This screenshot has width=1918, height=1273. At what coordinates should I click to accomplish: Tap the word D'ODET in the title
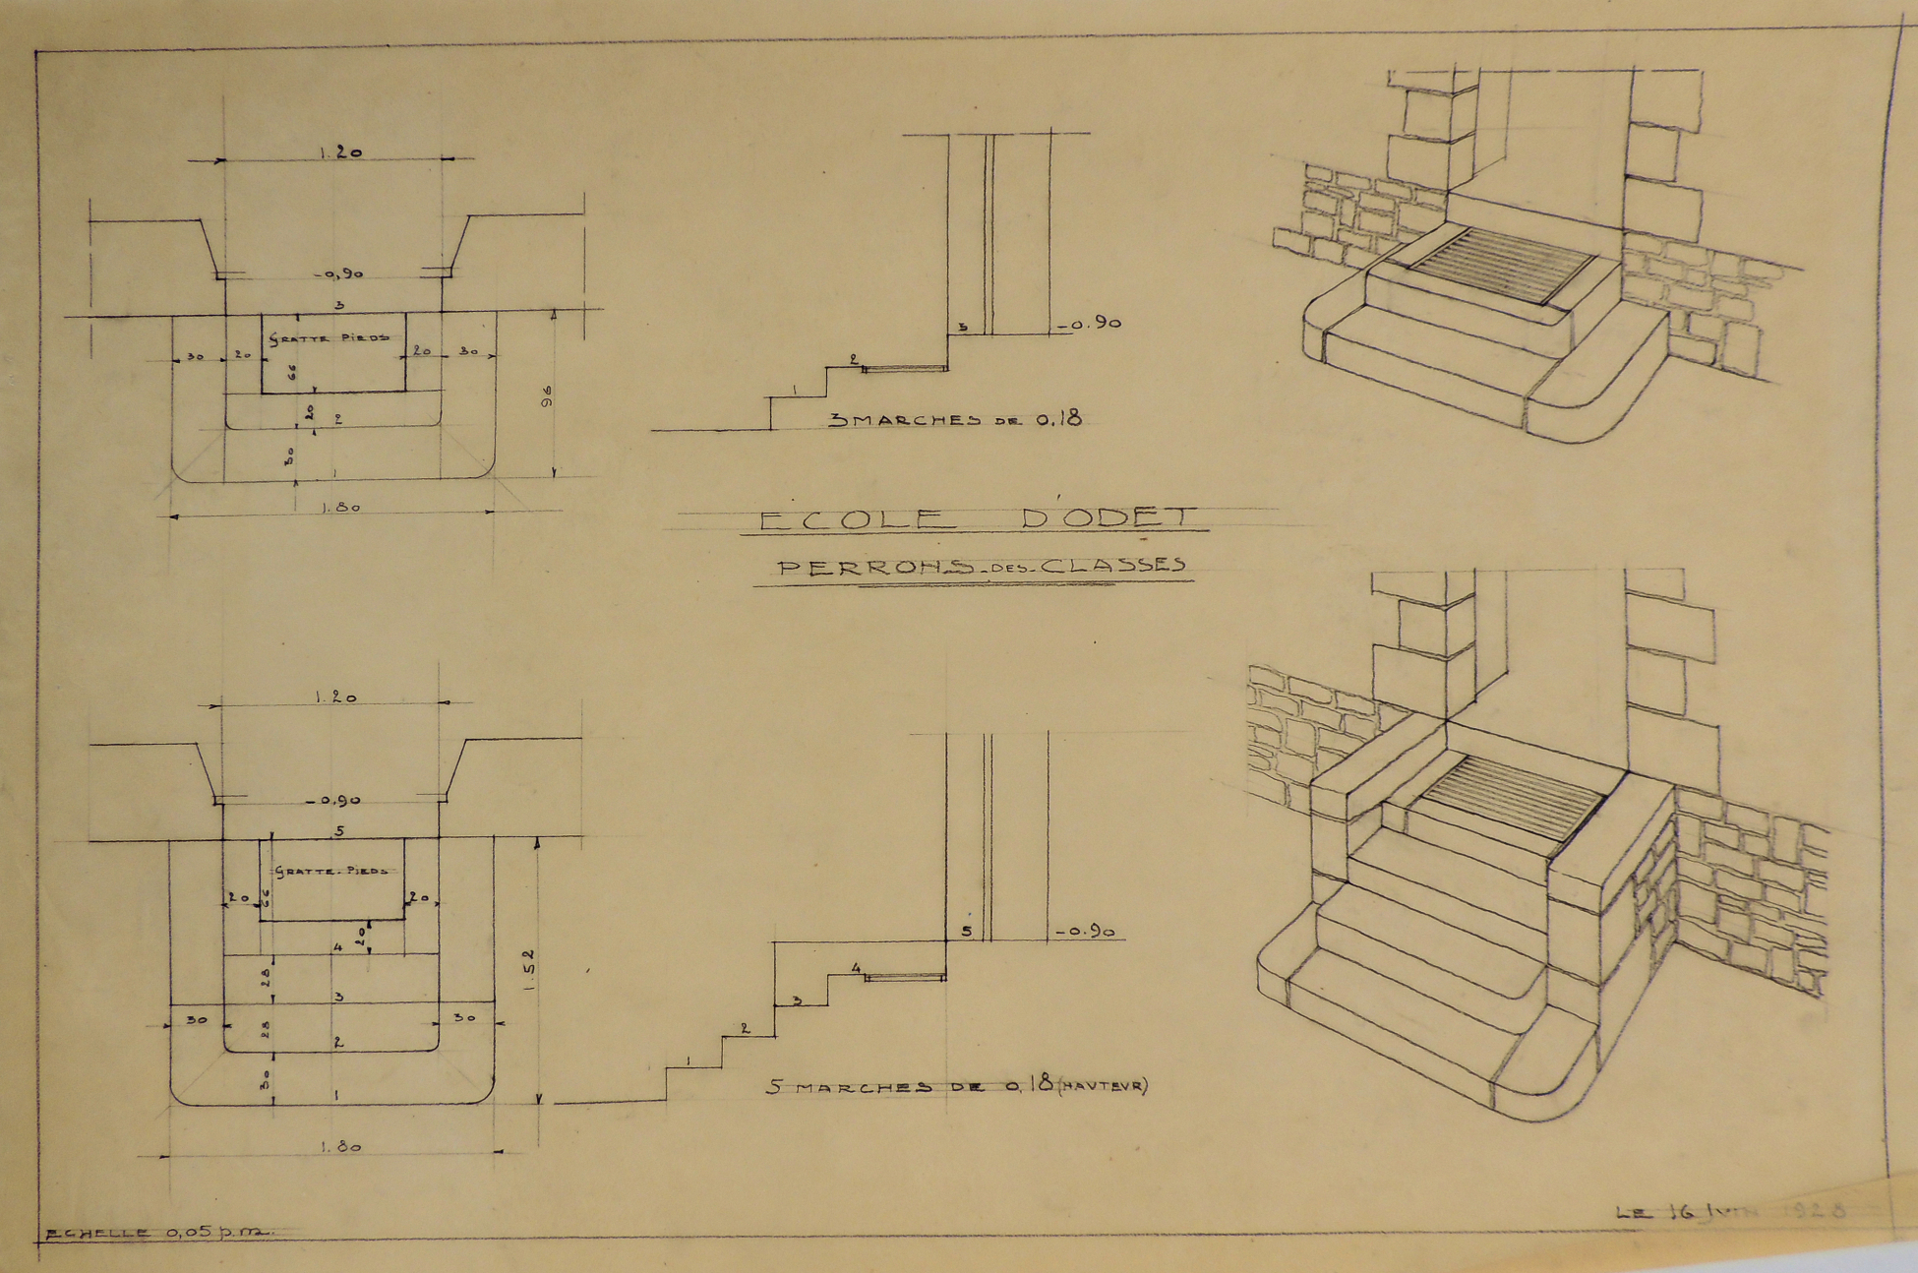1110,516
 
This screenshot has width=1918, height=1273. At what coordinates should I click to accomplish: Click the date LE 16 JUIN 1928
1732,1212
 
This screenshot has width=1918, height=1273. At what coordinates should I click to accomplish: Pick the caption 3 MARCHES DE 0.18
955,419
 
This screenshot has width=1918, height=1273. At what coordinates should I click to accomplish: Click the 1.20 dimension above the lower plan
335,697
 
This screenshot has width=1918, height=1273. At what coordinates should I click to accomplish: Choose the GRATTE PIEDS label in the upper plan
330,336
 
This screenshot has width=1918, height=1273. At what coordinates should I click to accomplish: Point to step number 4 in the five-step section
856,969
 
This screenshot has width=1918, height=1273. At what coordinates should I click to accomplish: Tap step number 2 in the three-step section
854,359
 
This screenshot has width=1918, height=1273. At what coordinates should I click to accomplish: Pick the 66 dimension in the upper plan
291,372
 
